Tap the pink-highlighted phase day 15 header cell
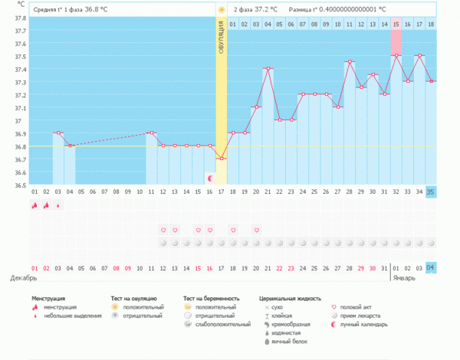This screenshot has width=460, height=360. pos(396,25)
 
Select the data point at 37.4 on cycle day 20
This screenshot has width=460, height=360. pos(268,68)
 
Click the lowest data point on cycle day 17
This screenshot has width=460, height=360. pos(221,159)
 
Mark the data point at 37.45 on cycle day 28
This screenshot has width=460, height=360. pos(350,62)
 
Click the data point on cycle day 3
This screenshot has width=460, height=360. pos(58,133)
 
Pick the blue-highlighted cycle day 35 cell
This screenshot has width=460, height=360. pos(431,191)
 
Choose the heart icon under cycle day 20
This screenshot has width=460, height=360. pos(256,230)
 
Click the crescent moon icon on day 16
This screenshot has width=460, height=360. pos(210,178)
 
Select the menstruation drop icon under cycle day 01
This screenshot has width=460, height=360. pos(34,205)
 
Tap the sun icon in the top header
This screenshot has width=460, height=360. pos(221,9)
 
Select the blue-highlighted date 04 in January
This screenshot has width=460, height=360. pos(431,267)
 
